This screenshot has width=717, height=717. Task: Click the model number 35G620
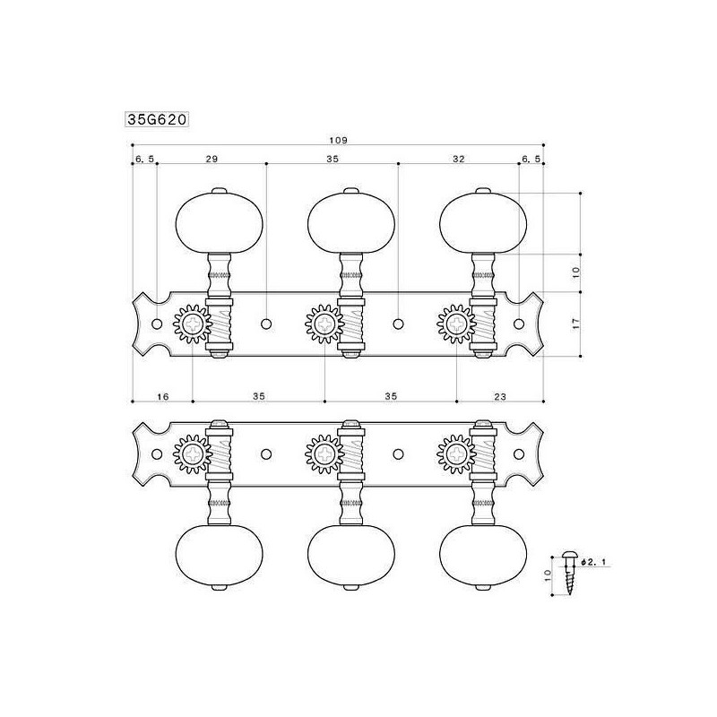tap(157, 120)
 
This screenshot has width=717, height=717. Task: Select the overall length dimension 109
tap(339, 141)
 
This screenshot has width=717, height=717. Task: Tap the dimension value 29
tap(212, 159)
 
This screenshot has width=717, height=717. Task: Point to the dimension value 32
tap(459, 159)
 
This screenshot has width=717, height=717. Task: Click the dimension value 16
tap(163, 396)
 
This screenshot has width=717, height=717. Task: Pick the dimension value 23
tap(500, 396)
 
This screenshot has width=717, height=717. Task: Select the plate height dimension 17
tap(576, 324)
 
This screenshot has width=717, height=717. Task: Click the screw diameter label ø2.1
tap(595, 562)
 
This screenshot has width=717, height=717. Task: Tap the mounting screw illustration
tap(569, 574)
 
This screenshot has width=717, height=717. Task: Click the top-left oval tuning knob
tap(220, 223)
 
